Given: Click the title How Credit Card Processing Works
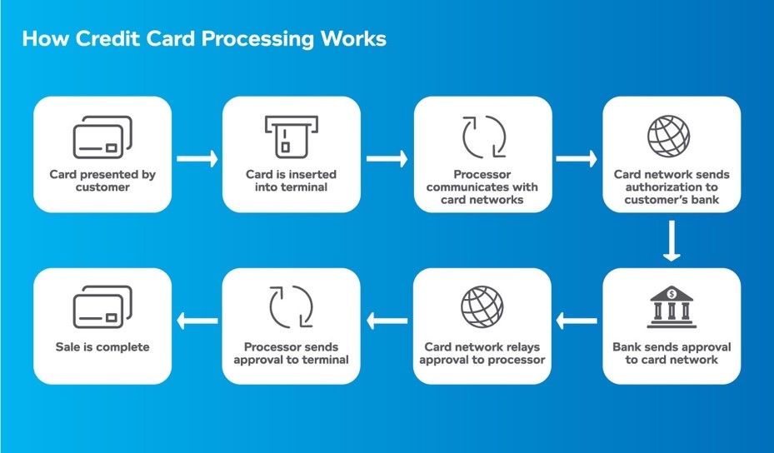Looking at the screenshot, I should point(203,39).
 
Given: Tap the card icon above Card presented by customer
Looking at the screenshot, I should point(102,137).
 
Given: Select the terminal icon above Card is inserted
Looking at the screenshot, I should point(291,136).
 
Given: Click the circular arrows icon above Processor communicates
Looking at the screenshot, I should point(482,137).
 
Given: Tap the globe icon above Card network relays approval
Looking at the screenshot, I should point(482,307).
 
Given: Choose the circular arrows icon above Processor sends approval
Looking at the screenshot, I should point(291,307).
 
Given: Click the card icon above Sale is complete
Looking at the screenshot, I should point(102,308).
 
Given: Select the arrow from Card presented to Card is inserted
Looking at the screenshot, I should point(197,158).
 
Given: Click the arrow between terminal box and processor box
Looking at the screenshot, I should point(387,158).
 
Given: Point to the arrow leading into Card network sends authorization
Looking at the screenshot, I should point(577,158).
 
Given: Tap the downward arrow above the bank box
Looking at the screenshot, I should point(672,241).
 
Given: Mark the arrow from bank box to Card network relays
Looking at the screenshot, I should point(577,319).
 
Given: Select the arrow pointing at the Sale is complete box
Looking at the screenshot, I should point(197,319).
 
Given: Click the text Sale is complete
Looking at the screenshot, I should point(102,347).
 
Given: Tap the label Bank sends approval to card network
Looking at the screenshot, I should point(672,353).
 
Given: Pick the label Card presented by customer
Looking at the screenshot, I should point(102,181).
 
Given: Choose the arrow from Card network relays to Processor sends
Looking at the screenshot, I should point(387,319).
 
